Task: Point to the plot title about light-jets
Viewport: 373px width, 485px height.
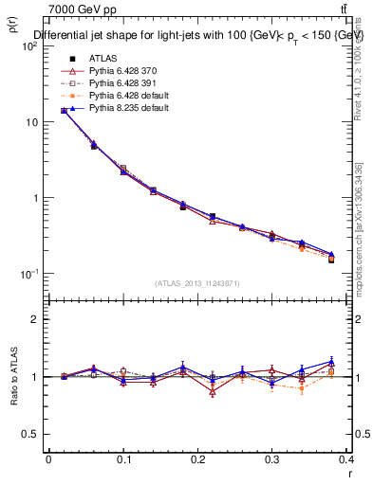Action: (x=198, y=36)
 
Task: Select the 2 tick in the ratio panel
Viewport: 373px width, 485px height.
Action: (x=36, y=319)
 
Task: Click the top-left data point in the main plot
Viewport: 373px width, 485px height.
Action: (x=64, y=110)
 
